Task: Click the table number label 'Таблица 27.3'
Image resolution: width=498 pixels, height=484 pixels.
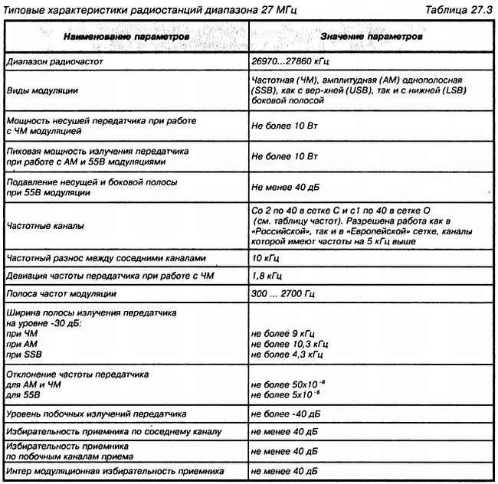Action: (x=458, y=8)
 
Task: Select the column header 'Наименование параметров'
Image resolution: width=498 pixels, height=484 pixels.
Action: (x=127, y=37)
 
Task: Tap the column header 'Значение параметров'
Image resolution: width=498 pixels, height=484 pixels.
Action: (x=369, y=37)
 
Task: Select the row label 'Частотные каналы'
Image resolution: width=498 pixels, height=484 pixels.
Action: (x=46, y=227)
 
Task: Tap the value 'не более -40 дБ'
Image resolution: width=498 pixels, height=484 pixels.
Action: (x=285, y=414)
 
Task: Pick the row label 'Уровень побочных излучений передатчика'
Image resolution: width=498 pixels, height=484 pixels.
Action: (x=97, y=414)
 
